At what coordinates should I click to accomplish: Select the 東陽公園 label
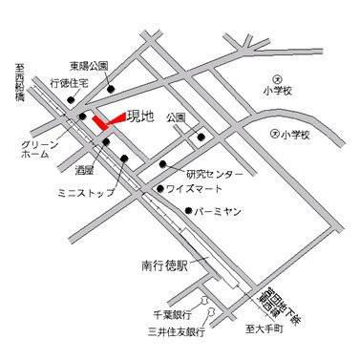coord(89,67)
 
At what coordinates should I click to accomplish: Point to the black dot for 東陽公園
coord(112,91)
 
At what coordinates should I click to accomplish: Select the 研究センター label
coord(215,174)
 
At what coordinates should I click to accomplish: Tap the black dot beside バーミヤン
coord(190,211)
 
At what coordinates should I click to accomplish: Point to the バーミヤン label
coord(222,212)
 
